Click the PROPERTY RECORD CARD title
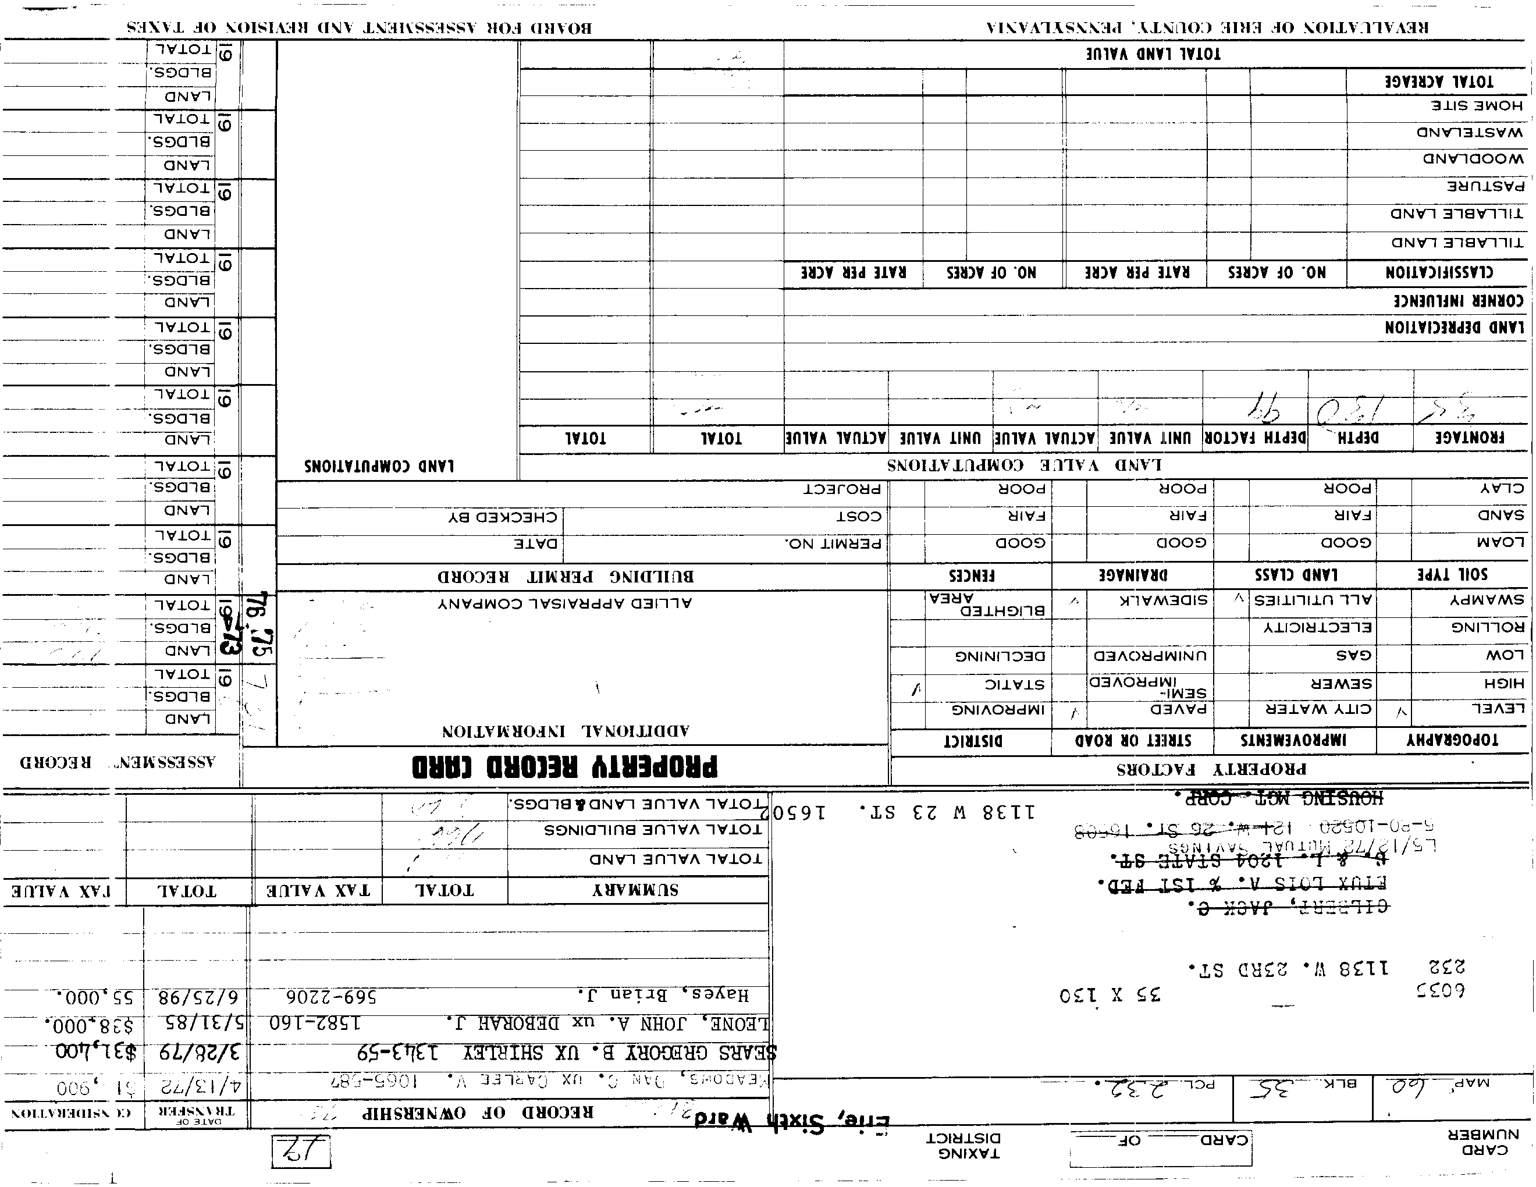coord(565,766)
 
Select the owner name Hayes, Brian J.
coord(663,995)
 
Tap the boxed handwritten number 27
coord(300,1151)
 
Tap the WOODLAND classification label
coord(1473,159)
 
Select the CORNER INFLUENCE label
coord(1459,301)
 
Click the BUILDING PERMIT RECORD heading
coord(566,577)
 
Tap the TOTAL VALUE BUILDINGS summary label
coord(653,830)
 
